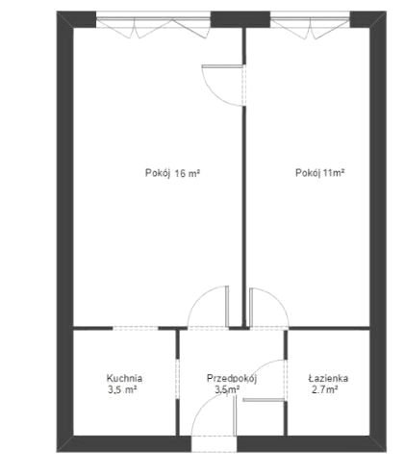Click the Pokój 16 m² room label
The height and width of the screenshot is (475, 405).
click(x=172, y=173)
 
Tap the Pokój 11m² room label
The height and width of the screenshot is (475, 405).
click(x=319, y=173)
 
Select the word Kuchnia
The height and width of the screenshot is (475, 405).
click(x=124, y=378)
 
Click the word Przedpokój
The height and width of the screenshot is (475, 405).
click(x=232, y=379)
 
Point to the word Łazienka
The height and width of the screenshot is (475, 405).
click(x=328, y=378)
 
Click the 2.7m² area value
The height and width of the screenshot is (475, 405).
click(x=324, y=390)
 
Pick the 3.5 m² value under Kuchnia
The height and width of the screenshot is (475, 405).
click(x=122, y=390)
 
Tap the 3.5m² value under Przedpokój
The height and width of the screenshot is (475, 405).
click(x=228, y=390)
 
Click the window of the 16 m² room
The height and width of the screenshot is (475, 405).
click(x=153, y=19)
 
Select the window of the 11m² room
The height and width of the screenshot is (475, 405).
click(x=310, y=19)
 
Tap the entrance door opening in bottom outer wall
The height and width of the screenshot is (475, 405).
click(x=214, y=444)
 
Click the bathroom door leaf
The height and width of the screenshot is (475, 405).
click(x=264, y=400)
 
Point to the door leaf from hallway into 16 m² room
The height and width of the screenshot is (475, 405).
click(x=227, y=306)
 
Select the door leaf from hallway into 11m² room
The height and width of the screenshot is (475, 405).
click(x=251, y=307)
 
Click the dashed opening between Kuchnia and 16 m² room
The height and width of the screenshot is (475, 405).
click(x=136, y=328)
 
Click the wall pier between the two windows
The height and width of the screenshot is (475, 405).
click(x=240, y=19)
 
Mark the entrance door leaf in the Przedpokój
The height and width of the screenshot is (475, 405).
click(x=235, y=415)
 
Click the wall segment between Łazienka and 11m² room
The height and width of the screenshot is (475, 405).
click(x=329, y=328)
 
